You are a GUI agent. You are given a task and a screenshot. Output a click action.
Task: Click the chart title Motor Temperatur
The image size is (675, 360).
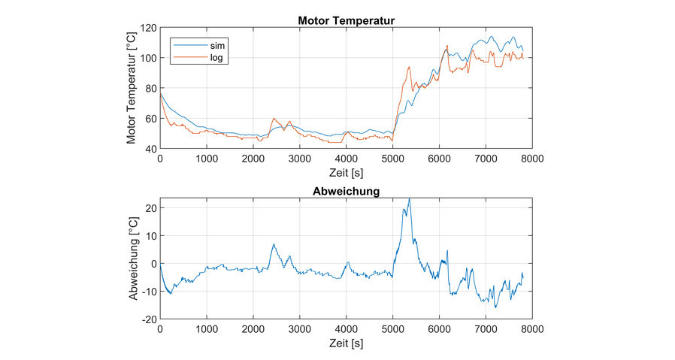(x=347, y=20)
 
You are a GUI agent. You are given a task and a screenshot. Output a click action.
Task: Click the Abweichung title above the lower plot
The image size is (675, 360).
(x=346, y=192)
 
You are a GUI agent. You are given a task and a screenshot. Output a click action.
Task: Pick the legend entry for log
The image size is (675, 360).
(x=216, y=56)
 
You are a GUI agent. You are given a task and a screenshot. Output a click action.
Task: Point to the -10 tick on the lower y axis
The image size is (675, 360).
(x=147, y=291)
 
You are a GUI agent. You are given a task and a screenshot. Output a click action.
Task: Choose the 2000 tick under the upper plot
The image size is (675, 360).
(x=253, y=159)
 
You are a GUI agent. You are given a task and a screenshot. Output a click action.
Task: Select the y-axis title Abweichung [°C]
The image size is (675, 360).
(x=132, y=263)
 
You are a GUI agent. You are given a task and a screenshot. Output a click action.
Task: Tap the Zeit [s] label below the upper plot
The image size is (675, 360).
(x=347, y=172)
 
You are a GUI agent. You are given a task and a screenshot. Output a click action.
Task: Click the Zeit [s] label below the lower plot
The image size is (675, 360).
(x=347, y=343)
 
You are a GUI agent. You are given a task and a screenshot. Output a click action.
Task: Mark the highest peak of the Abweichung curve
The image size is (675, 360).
(x=409, y=199)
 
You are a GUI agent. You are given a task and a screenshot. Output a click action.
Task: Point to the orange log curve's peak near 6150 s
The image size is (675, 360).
(x=447, y=45)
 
